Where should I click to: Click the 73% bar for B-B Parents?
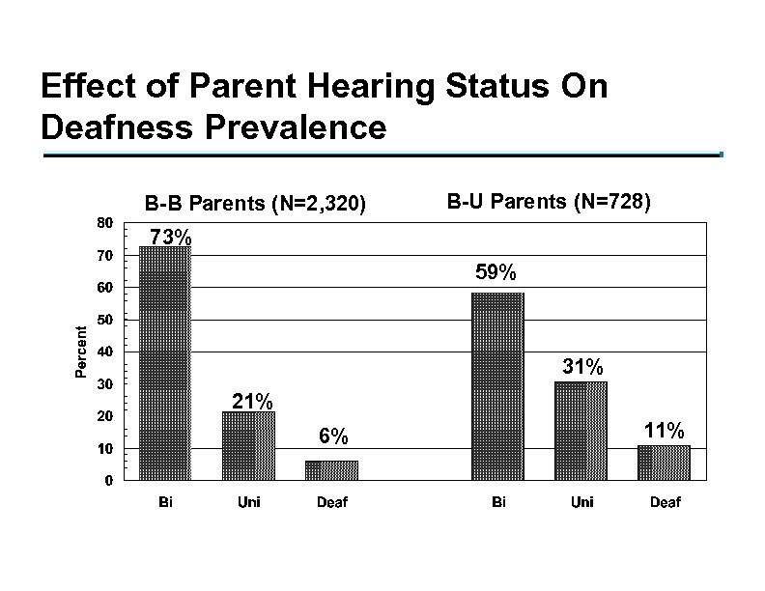(165, 362)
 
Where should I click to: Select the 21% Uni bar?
(248, 445)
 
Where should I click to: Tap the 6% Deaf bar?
(331, 469)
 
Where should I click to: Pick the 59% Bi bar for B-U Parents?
(497, 385)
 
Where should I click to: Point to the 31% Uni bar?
(581, 430)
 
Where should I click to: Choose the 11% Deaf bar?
(664, 462)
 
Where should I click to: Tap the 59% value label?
(496, 274)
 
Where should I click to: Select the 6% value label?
(333, 437)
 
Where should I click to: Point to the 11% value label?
(665, 430)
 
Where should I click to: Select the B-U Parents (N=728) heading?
(550, 203)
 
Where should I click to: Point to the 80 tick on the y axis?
(105, 222)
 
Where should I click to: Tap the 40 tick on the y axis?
(105, 352)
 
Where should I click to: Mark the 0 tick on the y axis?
(108, 480)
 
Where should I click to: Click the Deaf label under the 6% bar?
(332, 502)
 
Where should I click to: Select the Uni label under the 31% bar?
(581, 502)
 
